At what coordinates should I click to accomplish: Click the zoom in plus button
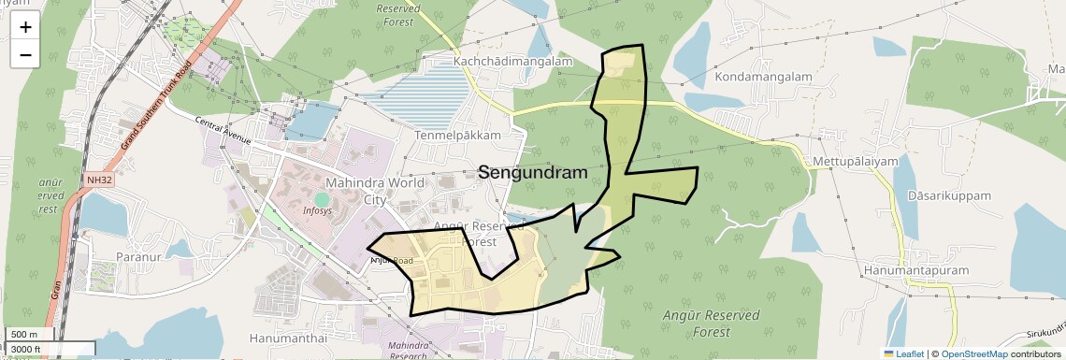25,27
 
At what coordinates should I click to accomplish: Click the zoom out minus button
25,54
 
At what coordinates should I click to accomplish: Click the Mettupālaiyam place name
856,162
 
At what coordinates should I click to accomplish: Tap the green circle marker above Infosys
323,199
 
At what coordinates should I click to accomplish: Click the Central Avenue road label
224,130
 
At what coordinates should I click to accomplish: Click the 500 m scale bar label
23,335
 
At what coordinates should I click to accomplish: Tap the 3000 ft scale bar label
27,350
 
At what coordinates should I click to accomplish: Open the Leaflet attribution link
903,353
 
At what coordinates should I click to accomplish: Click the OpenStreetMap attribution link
973,353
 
